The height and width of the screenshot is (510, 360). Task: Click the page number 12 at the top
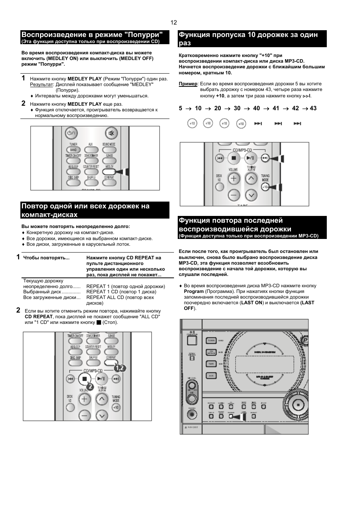(x=174, y=22)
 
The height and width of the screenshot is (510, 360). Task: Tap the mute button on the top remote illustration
(x=111, y=133)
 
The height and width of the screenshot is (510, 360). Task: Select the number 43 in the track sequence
(x=313, y=108)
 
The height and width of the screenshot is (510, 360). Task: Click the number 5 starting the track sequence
(x=180, y=108)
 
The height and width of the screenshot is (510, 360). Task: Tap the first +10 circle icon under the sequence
(x=192, y=123)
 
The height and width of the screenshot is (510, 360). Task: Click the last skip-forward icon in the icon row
(x=297, y=123)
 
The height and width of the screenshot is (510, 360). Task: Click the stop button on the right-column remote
(x=234, y=158)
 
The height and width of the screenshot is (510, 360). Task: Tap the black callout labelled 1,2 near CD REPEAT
(x=120, y=367)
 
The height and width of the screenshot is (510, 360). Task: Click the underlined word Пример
(x=188, y=84)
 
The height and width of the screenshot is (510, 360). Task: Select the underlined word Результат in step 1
(x=42, y=85)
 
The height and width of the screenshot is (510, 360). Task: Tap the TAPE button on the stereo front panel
(x=211, y=364)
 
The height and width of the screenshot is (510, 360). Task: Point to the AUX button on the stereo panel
(x=211, y=376)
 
